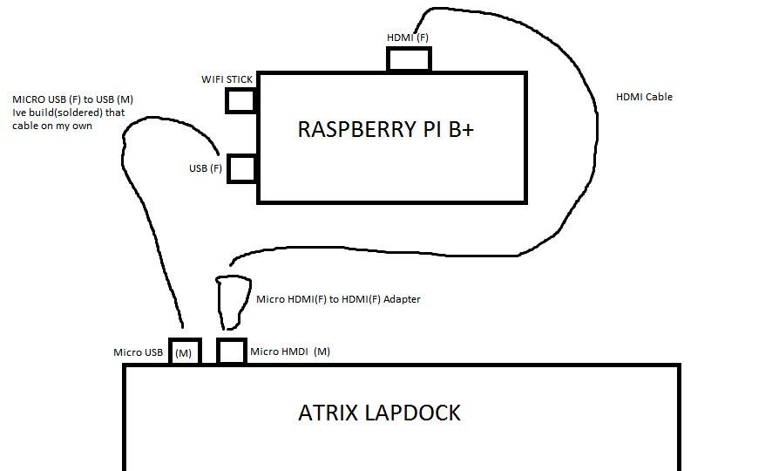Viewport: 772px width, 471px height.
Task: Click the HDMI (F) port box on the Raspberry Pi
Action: coord(409,59)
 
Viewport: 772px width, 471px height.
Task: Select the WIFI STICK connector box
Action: coord(240,100)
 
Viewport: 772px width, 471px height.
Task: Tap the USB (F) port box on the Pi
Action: coord(241,168)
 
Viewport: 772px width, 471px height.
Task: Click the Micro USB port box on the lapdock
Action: coord(185,352)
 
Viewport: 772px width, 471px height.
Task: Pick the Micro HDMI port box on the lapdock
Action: coord(232,352)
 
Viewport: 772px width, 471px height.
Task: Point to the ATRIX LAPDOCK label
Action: coord(379,413)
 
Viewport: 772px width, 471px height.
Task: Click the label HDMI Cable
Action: coord(644,97)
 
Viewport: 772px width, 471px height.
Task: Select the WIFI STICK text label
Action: coord(227,79)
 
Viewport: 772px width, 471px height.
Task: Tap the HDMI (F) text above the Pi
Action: coord(408,38)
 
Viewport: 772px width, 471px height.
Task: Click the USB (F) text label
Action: coord(206,168)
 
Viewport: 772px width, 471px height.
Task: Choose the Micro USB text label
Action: coord(139,352)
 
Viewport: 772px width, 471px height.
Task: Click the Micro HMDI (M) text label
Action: coord(290,352)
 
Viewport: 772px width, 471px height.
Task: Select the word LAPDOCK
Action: coord(409,413)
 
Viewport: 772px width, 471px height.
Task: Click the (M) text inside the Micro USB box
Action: coord(184,353)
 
